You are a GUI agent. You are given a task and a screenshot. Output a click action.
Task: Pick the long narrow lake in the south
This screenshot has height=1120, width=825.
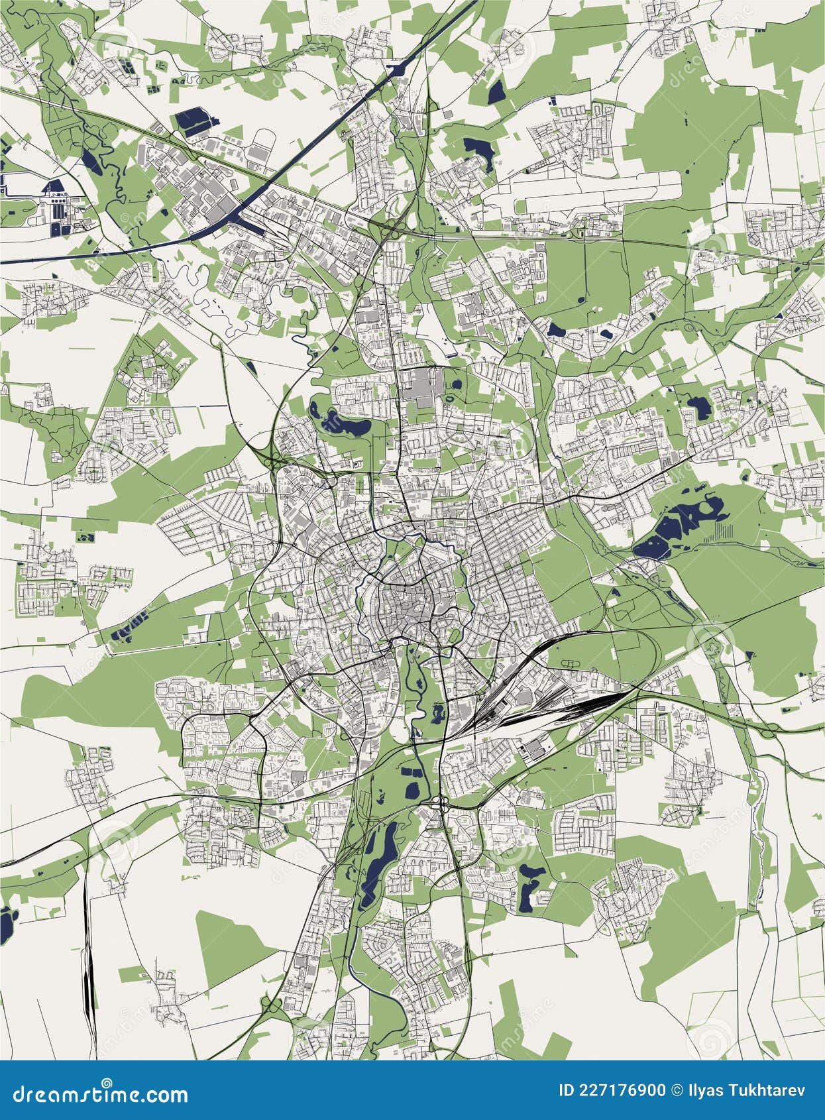pyautogui.click(x=378, y=855)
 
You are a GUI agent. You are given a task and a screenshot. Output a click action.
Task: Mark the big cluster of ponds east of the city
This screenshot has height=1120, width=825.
pyautogui.click(x=683, y=524)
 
